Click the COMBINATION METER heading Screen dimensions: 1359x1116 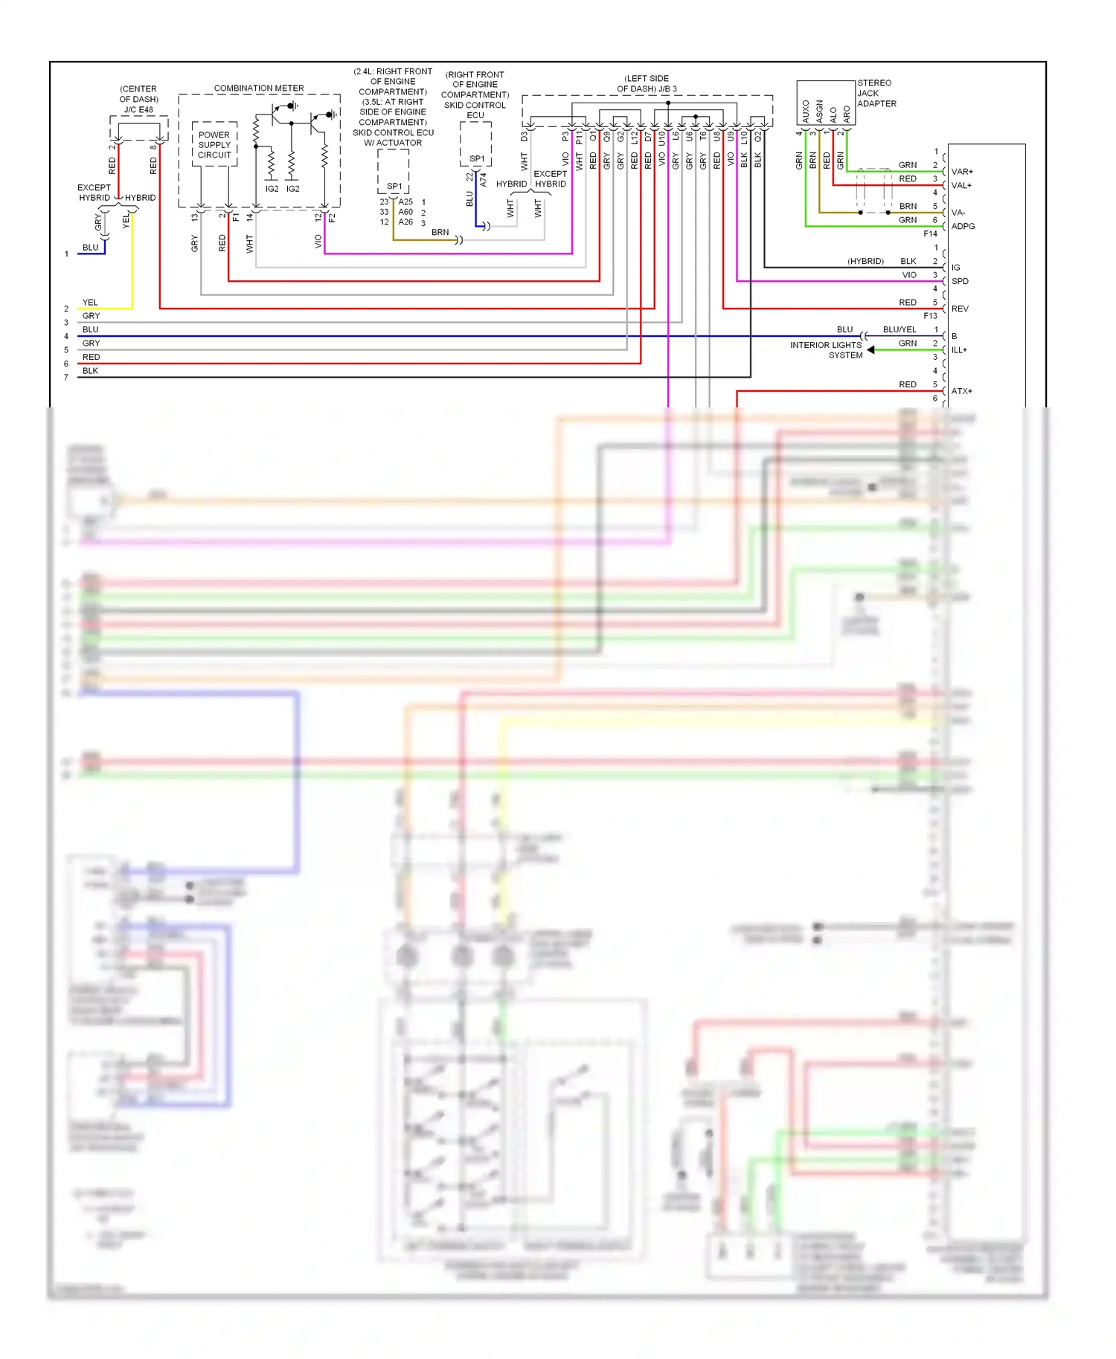pos(258,88)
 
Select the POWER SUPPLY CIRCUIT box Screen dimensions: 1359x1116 pos(214,145)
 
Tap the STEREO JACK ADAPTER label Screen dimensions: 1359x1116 pos(876,93)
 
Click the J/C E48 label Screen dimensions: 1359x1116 pos(138,109)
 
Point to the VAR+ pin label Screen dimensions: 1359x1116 pos(961,172)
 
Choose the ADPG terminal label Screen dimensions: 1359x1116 pos(963,226)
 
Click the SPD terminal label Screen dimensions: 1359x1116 pos(960,281)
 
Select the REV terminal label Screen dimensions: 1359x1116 pos(960,309)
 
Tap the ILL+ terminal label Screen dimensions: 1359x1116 pos(959,349)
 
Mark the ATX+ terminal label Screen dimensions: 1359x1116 pos(961,391)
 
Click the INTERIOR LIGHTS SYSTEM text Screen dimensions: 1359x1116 pos(827,350)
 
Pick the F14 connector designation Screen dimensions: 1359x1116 pos(930,233)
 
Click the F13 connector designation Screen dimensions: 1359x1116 pos(930,316)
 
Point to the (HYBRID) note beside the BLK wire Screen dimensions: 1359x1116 pos(865,262)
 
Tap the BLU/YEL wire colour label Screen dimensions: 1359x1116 pos(899,329)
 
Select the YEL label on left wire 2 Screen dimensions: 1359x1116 pos(90,303)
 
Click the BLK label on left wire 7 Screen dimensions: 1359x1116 pos(90,370)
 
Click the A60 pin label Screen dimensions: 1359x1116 pos(405,212)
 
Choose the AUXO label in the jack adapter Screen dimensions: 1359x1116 pos(806,112)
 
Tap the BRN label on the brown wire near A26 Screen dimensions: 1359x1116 pos(440,232)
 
